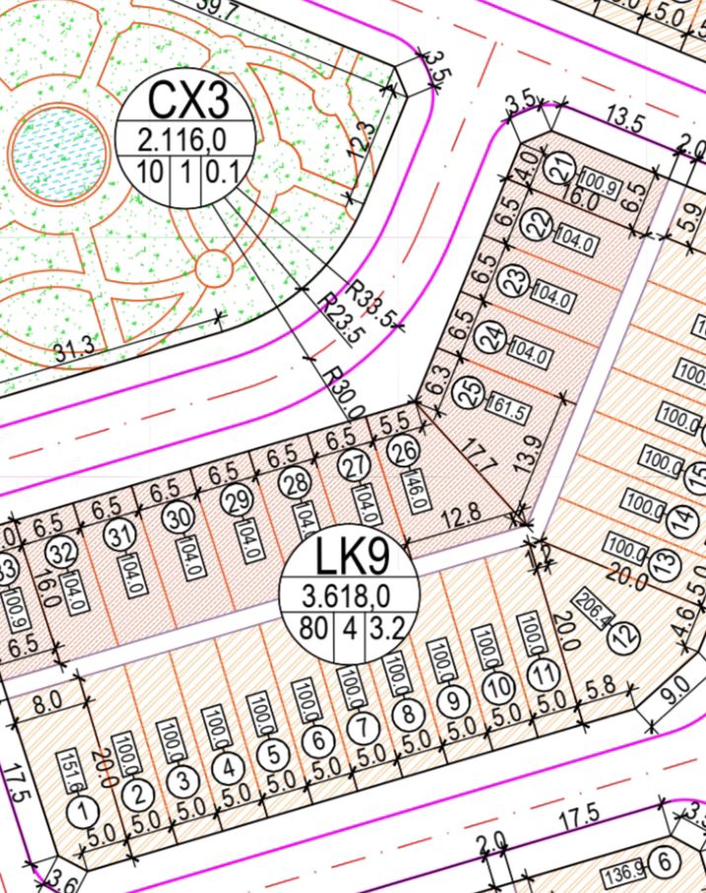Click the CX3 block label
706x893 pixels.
pyautogui.click(x=188, y=100)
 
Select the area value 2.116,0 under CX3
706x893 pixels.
pyautogui.click(x=188, y=138)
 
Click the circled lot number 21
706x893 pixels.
pyautogui.click(x=563, y=171)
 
